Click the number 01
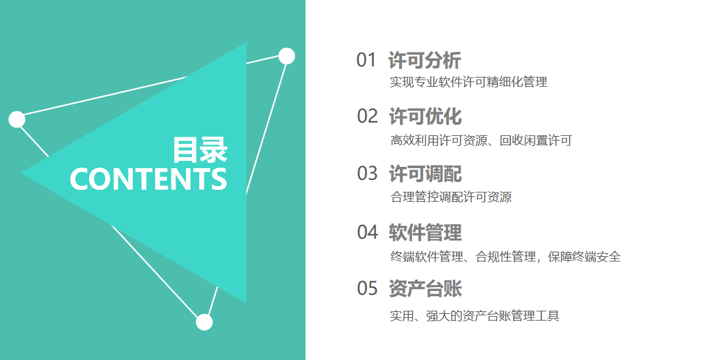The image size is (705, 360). [x=366, y=60]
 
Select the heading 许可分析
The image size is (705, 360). [x=425, y=60]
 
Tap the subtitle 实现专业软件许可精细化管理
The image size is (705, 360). [x=468, y=82]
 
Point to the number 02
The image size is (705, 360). [x=367, y=116]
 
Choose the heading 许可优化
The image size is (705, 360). [x=425, y=116]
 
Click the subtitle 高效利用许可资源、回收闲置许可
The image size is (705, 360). [x=481, y=140]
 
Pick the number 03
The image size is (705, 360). [x=367, y=173]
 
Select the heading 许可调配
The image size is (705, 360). [x=425, y=174]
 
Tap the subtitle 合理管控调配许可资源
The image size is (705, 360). [x=451, y=197]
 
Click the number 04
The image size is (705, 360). [x=367, y=233]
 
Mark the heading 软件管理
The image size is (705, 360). [x=425, y=233]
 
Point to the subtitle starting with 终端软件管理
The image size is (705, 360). [x=505, y=257]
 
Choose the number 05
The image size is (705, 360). [x=367, y=288]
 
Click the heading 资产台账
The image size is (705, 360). [x=425, y=288]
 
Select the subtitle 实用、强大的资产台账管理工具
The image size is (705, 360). [x=474, y=315]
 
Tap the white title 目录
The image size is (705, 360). [x=200, y=150]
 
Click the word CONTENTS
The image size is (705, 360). [x=148, y=179]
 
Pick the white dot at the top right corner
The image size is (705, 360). [x=287, y=56]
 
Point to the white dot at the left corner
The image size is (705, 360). [x=17, y=120]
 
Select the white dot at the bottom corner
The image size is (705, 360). [x=204, y=323]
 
